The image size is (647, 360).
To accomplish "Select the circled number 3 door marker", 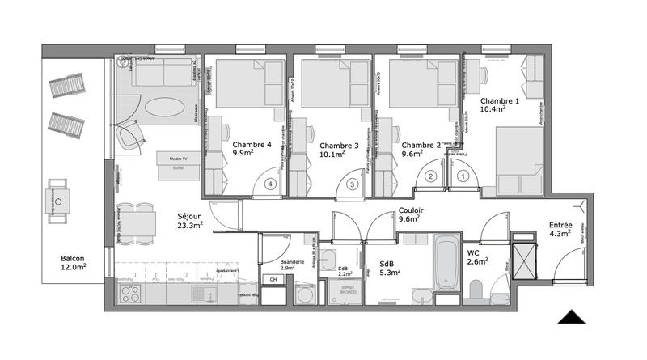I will point(352,184).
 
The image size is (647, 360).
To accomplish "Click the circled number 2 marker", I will point(431,176).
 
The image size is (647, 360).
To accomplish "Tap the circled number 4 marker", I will point(270,184).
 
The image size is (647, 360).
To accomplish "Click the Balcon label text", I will point(73,259).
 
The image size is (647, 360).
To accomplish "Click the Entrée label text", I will point(560,226).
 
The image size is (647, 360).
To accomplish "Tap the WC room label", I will point(474,252).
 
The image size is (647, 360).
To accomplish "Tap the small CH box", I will point(273,280).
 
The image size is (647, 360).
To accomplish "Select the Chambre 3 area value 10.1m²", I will point(332,152).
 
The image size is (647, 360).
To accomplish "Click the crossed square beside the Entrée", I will point(524,259).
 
